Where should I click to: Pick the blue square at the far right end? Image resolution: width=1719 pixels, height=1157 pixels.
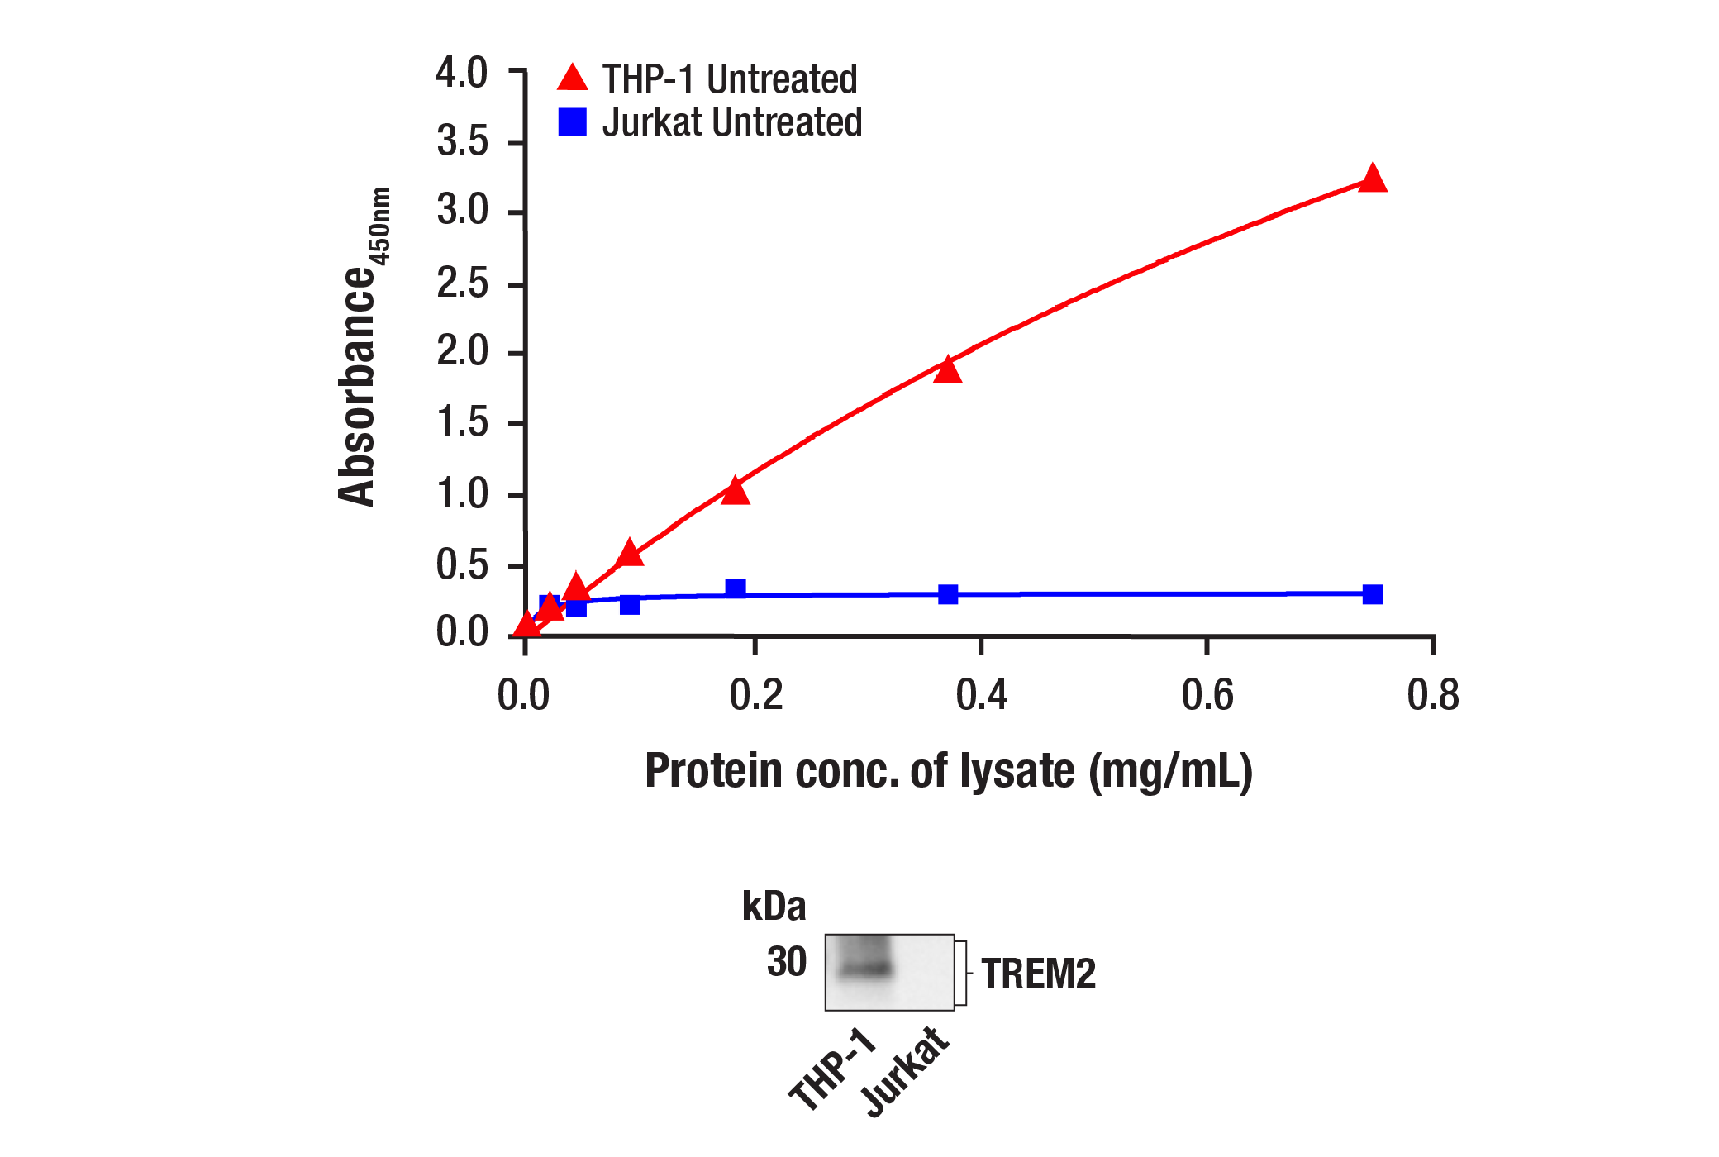click(x=1372, y=594)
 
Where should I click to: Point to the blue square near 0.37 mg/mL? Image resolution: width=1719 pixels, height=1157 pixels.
click(x=948, y=594)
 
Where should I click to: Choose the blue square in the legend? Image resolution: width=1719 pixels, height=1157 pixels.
click(x=572, y=122)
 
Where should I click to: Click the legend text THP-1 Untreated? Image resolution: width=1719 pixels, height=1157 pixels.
click(x=730, y=79)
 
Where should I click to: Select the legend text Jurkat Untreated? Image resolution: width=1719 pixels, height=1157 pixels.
click(x=732, y=122)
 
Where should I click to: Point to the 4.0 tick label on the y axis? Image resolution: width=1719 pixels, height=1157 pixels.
click(x=462, y=73)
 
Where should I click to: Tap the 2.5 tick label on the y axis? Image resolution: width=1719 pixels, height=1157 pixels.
click(x=462, y=284)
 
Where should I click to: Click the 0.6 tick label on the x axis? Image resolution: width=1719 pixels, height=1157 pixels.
click(x=1207, y=695)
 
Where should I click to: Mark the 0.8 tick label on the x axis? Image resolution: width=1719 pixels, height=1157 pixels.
click(x=1432, y=695)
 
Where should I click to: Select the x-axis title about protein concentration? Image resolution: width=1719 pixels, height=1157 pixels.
click(x=948, y=771)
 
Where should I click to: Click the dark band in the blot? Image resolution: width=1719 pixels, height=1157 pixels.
click(x=865, y=968)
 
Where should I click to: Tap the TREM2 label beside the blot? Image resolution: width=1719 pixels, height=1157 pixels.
click(x=1038, y=974)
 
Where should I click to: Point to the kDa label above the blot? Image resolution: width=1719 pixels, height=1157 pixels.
click(x=774, y=907)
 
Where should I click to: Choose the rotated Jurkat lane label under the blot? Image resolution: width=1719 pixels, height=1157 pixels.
click(x=905, y=1072)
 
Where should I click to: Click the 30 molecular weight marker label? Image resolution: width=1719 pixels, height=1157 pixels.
click(x=786, y=962)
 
